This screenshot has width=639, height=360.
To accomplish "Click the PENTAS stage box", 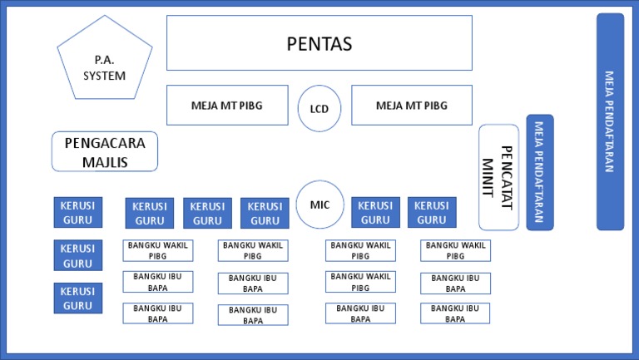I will (x=319, y=43).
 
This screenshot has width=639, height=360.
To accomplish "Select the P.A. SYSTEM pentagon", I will (x=105, y=62).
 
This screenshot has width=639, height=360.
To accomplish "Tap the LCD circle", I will (x=319, y=108).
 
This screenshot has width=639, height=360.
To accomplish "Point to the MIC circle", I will (x=319, y=205).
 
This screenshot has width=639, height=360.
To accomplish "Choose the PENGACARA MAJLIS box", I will (x=105, y=151).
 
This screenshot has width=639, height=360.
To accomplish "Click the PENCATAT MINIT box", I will (x=498, y=177).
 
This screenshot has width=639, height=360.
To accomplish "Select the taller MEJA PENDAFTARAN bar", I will (x=610, y=121).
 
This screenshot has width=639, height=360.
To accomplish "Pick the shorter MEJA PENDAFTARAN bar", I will (x=539, y=172).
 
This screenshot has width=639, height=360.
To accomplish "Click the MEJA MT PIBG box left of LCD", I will (x=227, y=105).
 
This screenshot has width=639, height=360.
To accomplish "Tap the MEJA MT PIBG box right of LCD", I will (x=412, y=105).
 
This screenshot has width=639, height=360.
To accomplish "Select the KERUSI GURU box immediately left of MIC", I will (x=265, y=213).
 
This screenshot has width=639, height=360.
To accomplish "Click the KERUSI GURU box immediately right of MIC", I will (x=375, y=212).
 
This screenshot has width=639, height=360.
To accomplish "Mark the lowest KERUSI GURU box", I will (x=78, y=298).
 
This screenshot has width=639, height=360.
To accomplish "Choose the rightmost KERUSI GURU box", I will (x=431, y=212).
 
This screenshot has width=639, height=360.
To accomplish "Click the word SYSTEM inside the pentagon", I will (x=105, y=76).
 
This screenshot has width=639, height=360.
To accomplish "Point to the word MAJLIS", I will (x=105, y=162).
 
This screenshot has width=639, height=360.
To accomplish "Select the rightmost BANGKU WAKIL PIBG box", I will (x=455, y=250).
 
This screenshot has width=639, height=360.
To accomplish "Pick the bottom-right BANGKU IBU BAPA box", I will (x=455, y=313).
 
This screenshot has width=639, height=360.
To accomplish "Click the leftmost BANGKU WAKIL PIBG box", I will (x=158, y=250).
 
